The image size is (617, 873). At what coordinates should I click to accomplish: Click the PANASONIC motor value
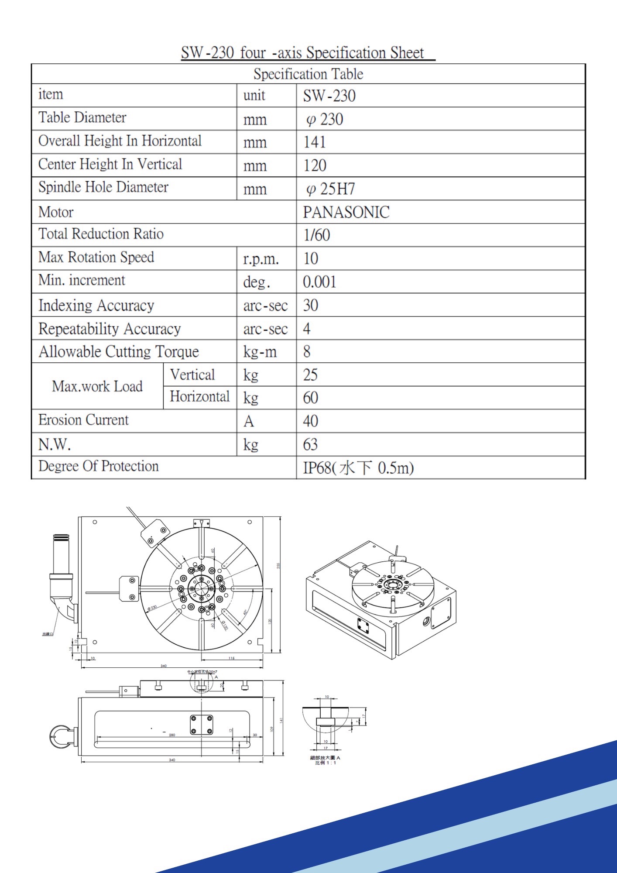pyautogui.click(x=346, y=213)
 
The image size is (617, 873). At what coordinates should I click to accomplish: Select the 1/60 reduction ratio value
pyautogui.click(x=317, y=235)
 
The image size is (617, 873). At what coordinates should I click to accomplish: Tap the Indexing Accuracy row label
pyautogui.click(x=96, y=306)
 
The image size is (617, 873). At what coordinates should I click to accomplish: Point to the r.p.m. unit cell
pyautogui.click(x=261, y=259)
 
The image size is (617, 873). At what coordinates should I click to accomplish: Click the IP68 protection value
pyautogui.click(x=358, y=468)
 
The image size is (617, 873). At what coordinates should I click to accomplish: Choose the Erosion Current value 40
pyautogui.click(x=311, y=421)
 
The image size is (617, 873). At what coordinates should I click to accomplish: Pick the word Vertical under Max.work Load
pyautogui.click(x=192, y=375)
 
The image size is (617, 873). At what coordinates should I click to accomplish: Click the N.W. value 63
pyautogui.click(x=310, y=445)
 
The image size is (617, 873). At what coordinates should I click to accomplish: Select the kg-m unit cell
pyautogui.click(x=260, y=352)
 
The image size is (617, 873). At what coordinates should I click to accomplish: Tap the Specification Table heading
pyautogui.click(x=308, y=74)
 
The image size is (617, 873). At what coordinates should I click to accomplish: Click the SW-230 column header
pyautogui.click(x=329, y=96)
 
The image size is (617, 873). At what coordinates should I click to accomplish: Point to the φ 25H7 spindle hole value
pyautogui.click(x=331, y=189)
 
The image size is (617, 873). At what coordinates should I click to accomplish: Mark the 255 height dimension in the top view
pyautogui.click(x=278, y=566)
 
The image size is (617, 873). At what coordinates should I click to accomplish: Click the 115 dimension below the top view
pyautogui.click(x=231, y=658)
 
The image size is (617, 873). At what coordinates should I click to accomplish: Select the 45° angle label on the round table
pyautogui.click(x=245, y=612)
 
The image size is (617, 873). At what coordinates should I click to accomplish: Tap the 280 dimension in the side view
pyautogui.click(x=172, y=735)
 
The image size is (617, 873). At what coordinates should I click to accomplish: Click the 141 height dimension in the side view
pyautogui.click(x=281, y=720)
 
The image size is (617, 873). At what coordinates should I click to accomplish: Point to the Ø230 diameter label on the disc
pyautogui.click(x=152, y=608)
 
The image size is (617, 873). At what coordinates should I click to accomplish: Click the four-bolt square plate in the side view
pyautogui.click(x=201, y=725)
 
